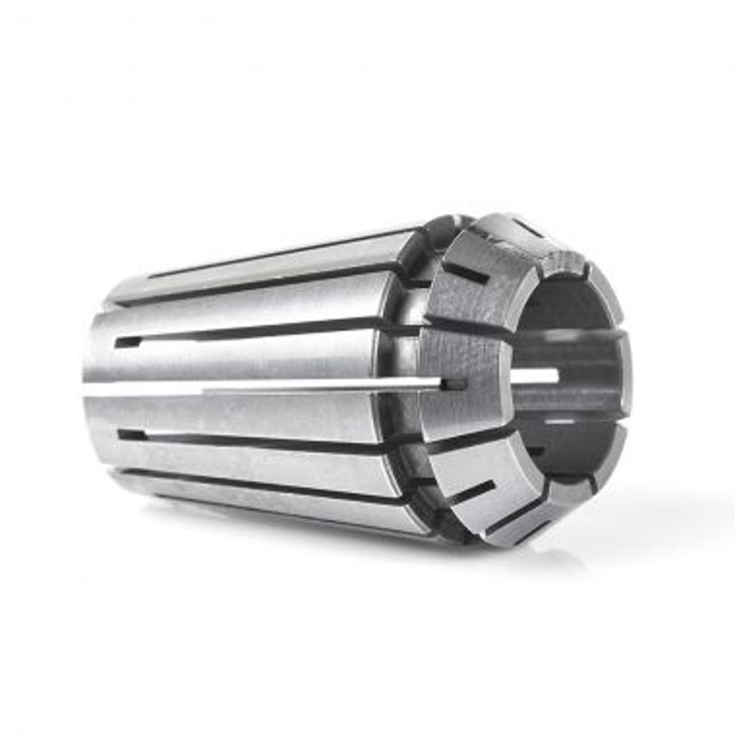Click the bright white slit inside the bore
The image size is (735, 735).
tap(535, 375)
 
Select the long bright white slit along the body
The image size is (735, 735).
tap(287, 386)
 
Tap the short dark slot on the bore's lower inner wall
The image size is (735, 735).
tap(535, 451)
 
